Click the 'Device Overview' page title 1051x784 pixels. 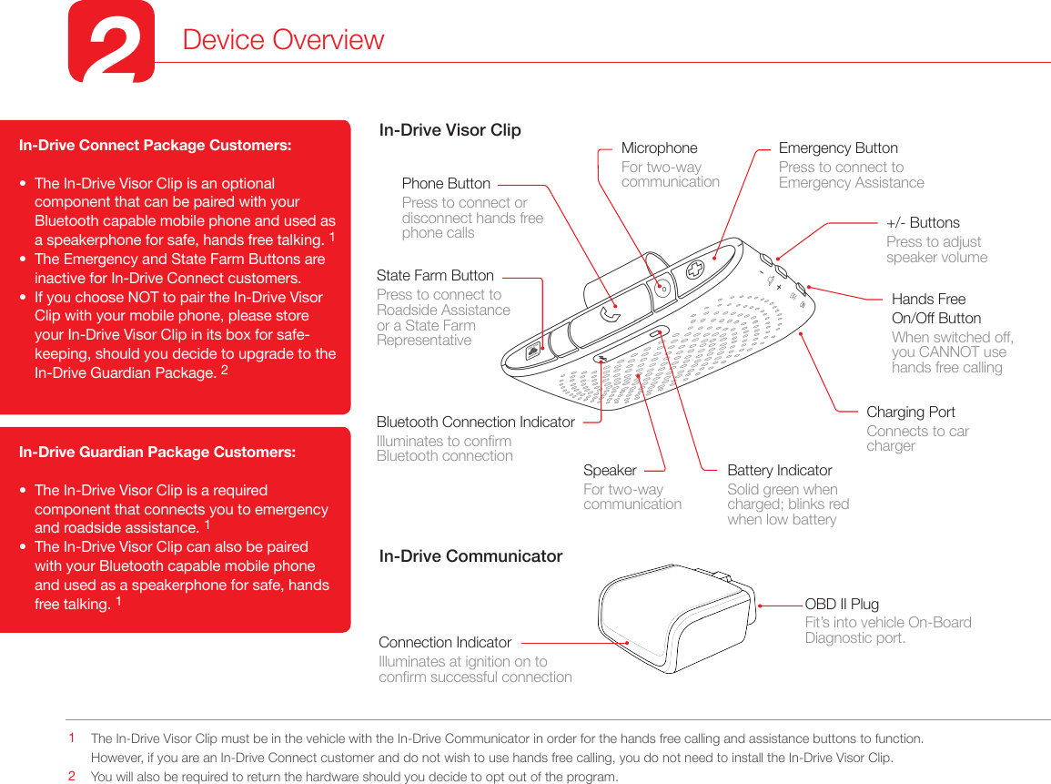pos(283,40)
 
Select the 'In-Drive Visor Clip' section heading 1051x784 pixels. pos(450,129)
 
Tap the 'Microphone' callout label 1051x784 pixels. pos(659,148)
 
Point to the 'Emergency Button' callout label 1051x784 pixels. pos(838,148)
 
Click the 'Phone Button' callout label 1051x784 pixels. pos(446,183)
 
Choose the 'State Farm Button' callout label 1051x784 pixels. pos(435,275)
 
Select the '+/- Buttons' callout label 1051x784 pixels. pos(923,222)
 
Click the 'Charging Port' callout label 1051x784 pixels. pos(910,412)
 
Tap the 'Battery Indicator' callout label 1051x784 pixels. pos(779,470)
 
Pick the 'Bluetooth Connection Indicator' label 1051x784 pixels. pos(475,422)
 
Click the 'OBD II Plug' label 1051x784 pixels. pos(842,604)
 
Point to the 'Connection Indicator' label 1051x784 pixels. pos(445,642)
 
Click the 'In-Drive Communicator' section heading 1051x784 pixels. pos(470,555)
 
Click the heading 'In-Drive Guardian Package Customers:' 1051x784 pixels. pos(157,452)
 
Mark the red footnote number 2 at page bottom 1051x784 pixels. pos(72,777)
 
